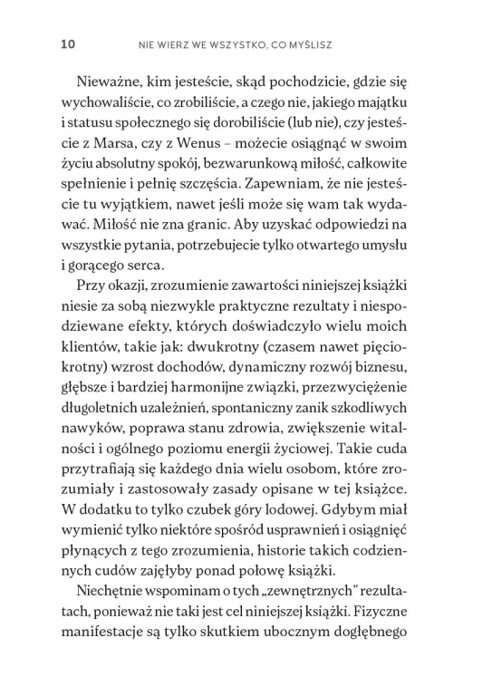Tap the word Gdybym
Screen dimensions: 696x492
381,602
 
